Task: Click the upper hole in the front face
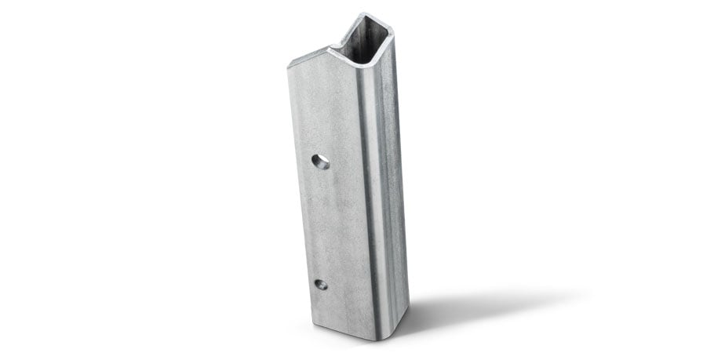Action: click(319, 162)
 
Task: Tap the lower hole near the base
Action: click(321, 284)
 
